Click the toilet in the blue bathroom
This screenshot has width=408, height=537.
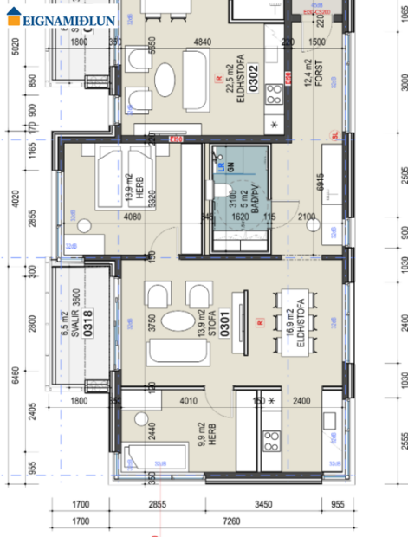(224, 192)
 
